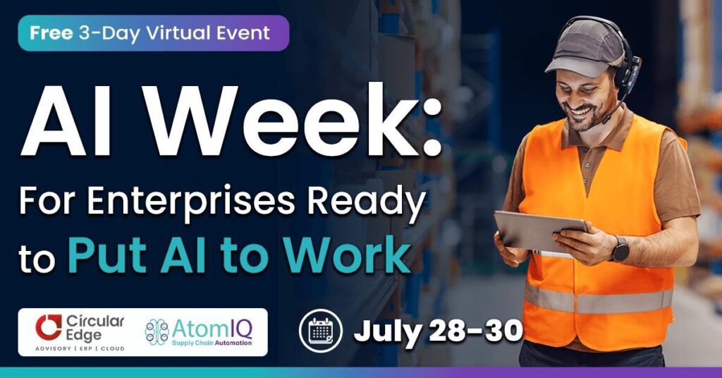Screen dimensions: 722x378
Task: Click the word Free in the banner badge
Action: click(51, 33)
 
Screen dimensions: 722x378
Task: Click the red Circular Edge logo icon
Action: click(49, 327)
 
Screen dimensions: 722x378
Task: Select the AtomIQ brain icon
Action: click(157, 332)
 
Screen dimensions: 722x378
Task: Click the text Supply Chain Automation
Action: click(212, 343)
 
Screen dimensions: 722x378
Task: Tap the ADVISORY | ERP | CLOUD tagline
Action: click(80, 348)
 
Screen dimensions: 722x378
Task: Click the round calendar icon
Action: click(321, 331)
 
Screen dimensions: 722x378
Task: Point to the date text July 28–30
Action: click(438, 331)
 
